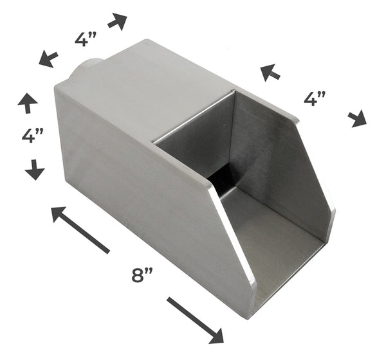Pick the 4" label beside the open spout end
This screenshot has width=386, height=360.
(x=315, y=98)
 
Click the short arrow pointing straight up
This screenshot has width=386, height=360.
(x=28, y=102)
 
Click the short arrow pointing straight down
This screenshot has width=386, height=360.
(x=34, y=170)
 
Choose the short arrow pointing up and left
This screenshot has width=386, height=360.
(x=270, y=72)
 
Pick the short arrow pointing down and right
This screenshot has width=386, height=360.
(x=357, y=118)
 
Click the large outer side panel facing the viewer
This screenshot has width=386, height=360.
(x=148, y=206)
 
